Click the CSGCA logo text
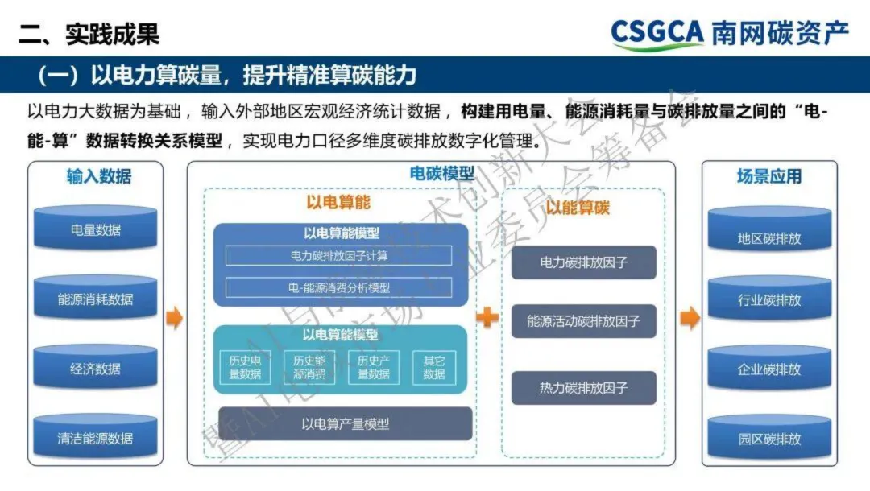coord(657,32)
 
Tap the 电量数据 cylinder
coord(95,229)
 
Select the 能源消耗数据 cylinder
coord(95,299)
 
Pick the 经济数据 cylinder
coord(95,369)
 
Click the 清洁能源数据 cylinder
coord(95,439)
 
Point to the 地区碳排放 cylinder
coord(769,238)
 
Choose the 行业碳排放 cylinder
coord(769,300)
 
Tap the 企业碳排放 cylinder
coord(769,369)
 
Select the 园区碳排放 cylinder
coord(769,439)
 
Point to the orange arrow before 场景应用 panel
coord(690,319)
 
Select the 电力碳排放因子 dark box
coord(584,262)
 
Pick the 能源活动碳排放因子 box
coord(584,321)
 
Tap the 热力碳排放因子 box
coord(584,388)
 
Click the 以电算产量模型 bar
coord(345,423)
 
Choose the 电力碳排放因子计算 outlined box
coord(338,256)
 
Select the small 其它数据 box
coord(433,367)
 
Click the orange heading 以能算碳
coord(578,208)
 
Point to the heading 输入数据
coord(98,176)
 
